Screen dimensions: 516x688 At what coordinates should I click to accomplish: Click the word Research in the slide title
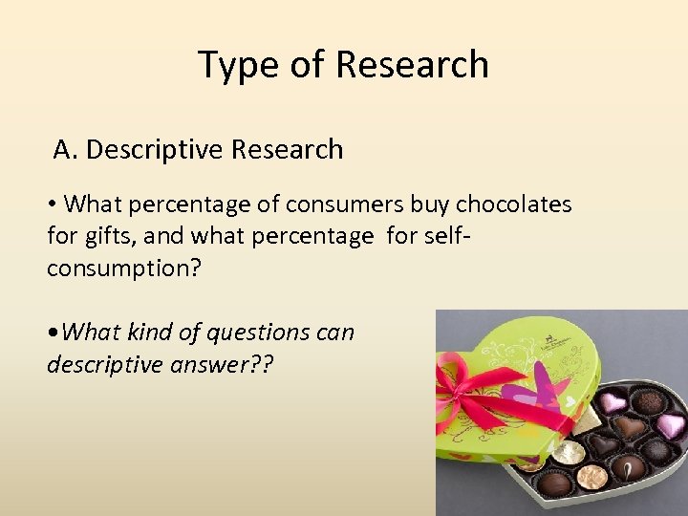[413, 65]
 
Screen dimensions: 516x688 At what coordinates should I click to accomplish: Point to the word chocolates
[513, 204]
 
